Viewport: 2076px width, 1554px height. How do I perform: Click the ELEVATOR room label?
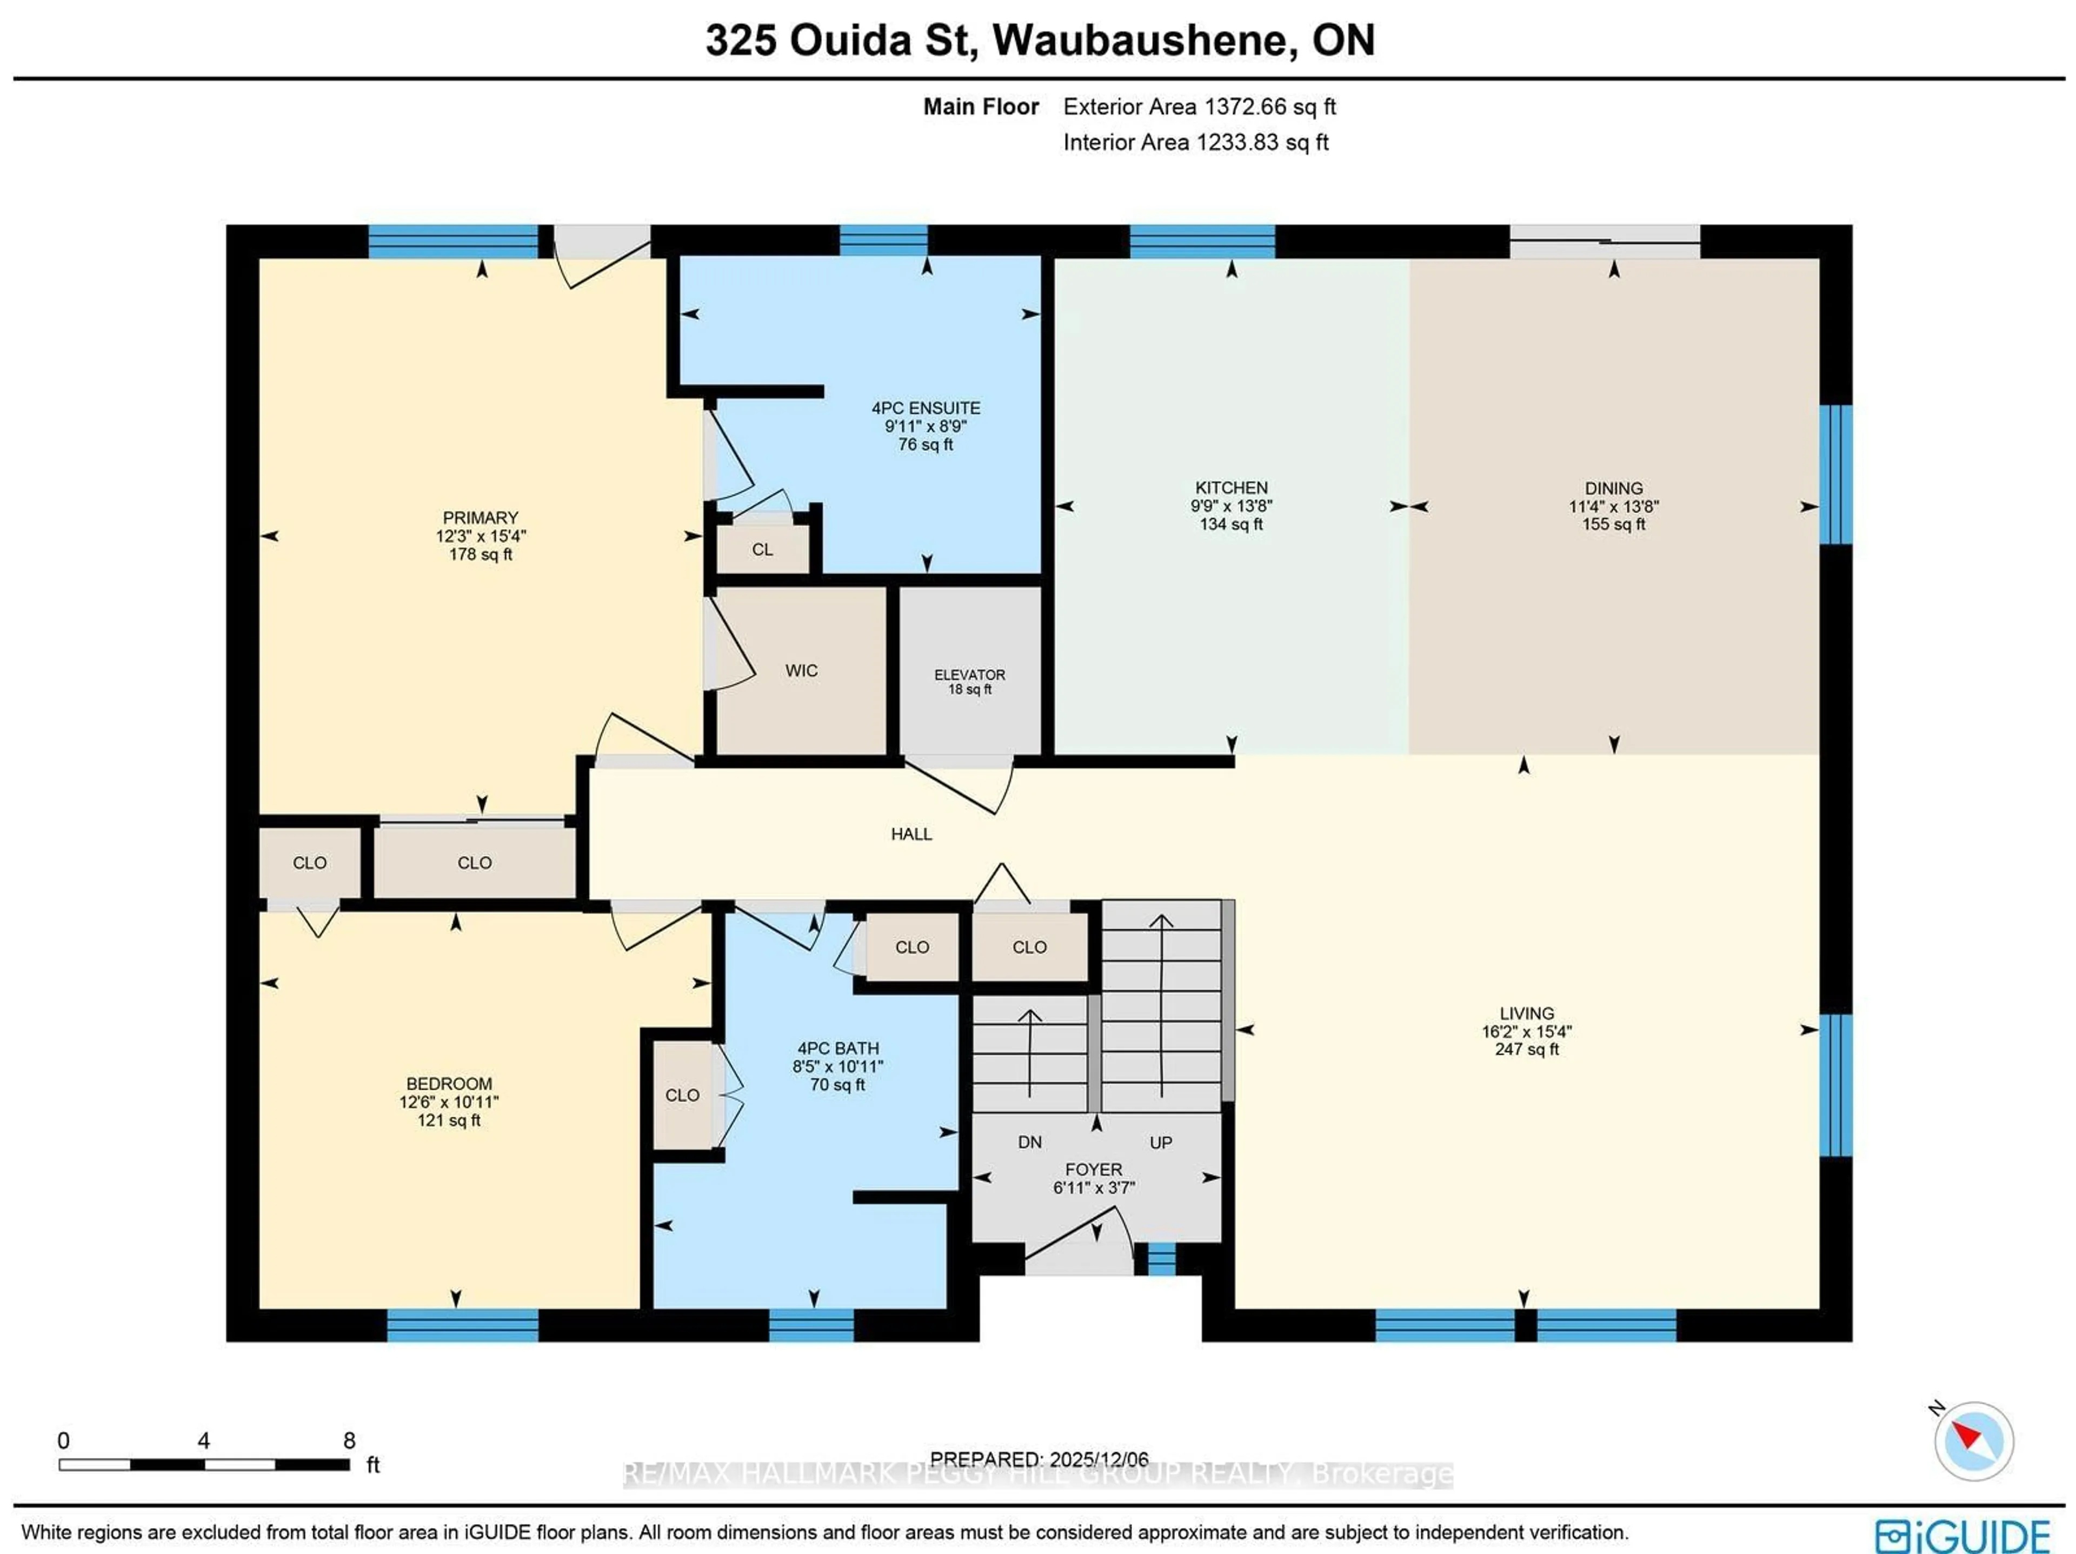(969, 675)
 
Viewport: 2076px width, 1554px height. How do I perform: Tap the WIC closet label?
(801, 670)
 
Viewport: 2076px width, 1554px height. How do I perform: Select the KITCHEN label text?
(1230, 488)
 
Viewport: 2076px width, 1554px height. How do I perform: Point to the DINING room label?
(1613, 488)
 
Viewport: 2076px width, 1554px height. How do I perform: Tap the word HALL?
(910, 834)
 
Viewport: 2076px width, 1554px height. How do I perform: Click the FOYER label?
(1093, 1169)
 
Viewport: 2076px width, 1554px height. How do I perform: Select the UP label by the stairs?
(1161, 1142)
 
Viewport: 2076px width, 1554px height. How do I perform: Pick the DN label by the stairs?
(1029, 1142)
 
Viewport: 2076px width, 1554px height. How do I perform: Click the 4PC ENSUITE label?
(926, 408)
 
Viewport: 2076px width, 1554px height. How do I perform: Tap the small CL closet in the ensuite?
(762, 550)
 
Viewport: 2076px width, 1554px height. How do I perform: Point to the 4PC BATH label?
(837, 1048)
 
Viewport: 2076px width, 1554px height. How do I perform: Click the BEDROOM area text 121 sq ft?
(449, 1121)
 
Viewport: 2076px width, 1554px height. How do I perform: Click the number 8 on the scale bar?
(349, 1440)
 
